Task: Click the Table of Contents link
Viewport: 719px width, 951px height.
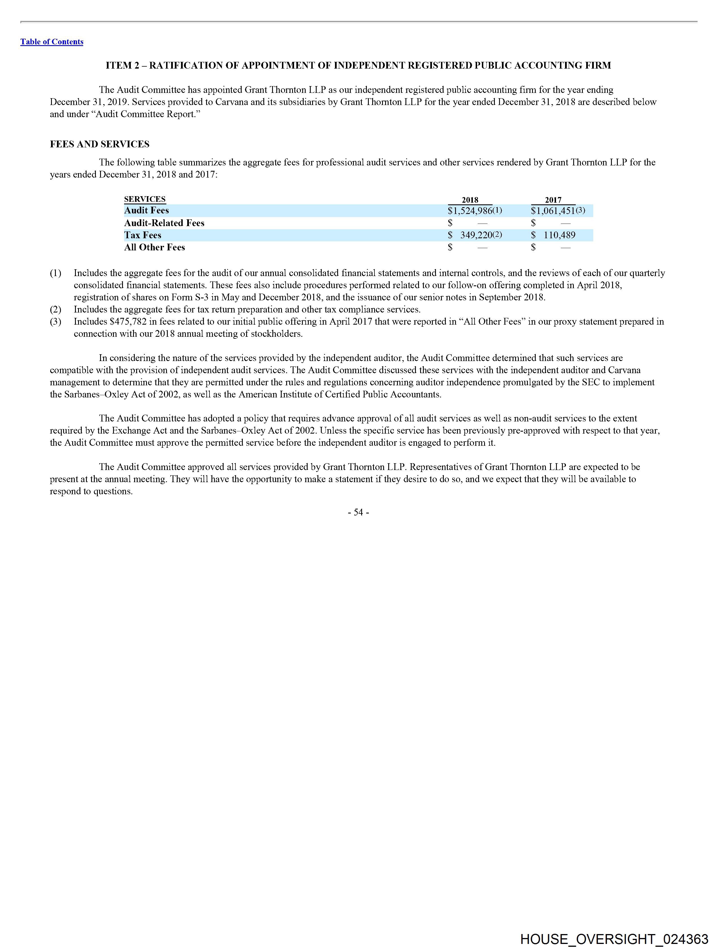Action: (52, 42)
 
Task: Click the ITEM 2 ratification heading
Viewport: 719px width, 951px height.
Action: (358, 65)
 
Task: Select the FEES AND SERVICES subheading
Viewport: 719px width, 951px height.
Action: (100, 144)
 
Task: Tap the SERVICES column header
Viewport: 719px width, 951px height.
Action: (145, 199)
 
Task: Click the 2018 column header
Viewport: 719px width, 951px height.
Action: (470, 200)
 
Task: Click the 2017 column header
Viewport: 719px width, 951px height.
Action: (553, 200)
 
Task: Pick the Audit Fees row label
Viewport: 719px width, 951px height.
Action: (146, 210)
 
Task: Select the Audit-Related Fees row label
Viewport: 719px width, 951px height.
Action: (164, 223)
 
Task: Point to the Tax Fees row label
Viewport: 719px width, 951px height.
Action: (143, 235)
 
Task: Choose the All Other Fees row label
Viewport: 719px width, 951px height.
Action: (154, 247)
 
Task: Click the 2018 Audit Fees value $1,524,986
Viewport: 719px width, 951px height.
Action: (470, 211)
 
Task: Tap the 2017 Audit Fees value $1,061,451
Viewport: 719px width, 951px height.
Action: (553, 211)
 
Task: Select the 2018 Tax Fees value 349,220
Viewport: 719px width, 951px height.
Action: (476, 235)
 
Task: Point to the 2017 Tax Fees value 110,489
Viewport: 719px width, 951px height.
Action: (559, 235)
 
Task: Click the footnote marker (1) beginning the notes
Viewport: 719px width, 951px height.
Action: (56, 273)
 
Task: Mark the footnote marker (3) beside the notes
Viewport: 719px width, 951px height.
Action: (56, 322)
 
